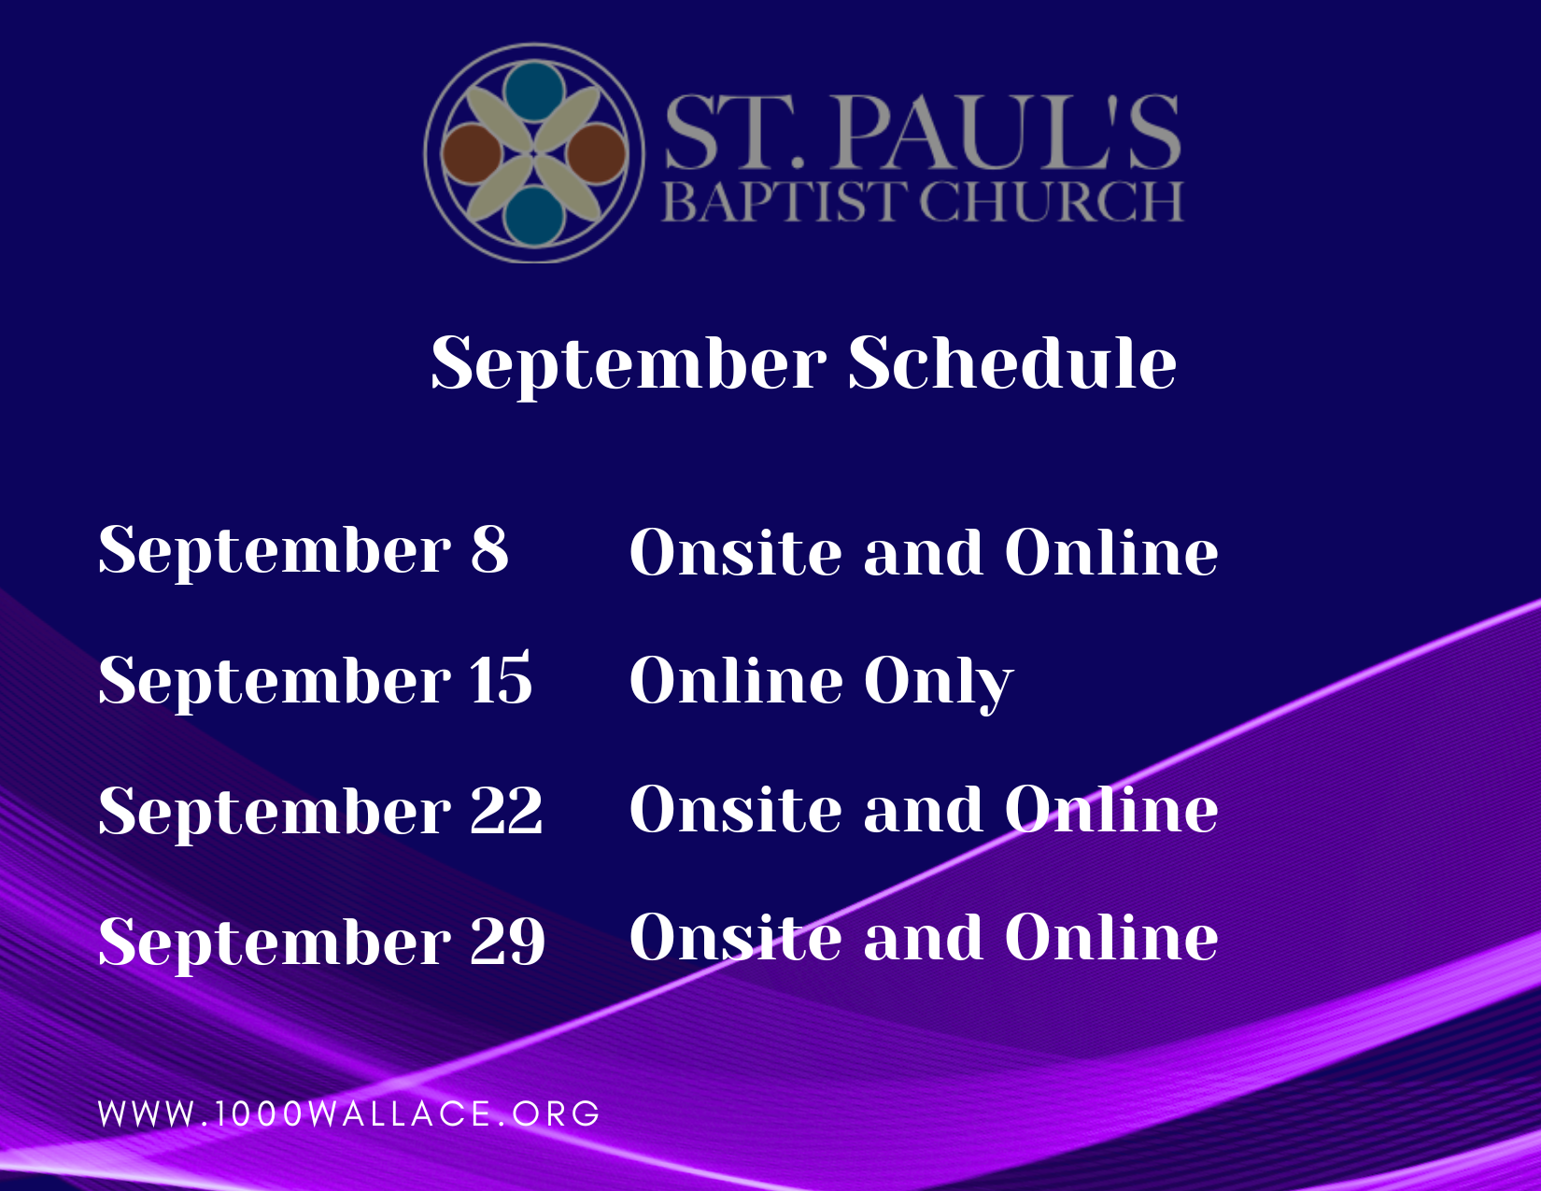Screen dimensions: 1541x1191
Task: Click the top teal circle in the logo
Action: coord(534,92)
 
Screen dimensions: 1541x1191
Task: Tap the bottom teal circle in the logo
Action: coord(534,217)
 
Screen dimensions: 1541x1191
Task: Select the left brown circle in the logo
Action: coord(472,154)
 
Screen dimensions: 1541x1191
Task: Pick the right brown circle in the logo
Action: coord(597,154)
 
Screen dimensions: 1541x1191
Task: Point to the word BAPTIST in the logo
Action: coord(785,202)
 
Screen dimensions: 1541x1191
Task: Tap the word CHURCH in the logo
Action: coord(1052,202)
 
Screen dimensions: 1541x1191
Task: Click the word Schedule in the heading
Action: coord(1012,362)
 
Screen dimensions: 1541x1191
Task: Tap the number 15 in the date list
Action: coord(501,679)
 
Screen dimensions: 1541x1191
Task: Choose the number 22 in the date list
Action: coord(506,811)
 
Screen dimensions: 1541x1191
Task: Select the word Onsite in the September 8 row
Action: coord(735,551)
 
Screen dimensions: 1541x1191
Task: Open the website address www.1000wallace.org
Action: coord(349,1113)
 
